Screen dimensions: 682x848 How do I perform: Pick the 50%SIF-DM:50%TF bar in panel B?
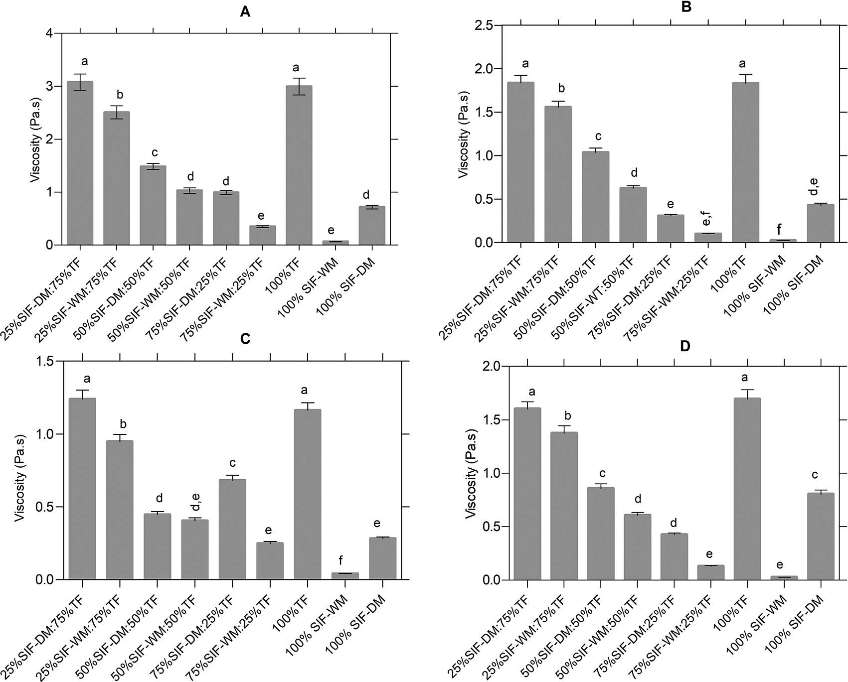pos(595,197)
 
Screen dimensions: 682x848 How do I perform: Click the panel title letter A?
pos(245,12)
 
